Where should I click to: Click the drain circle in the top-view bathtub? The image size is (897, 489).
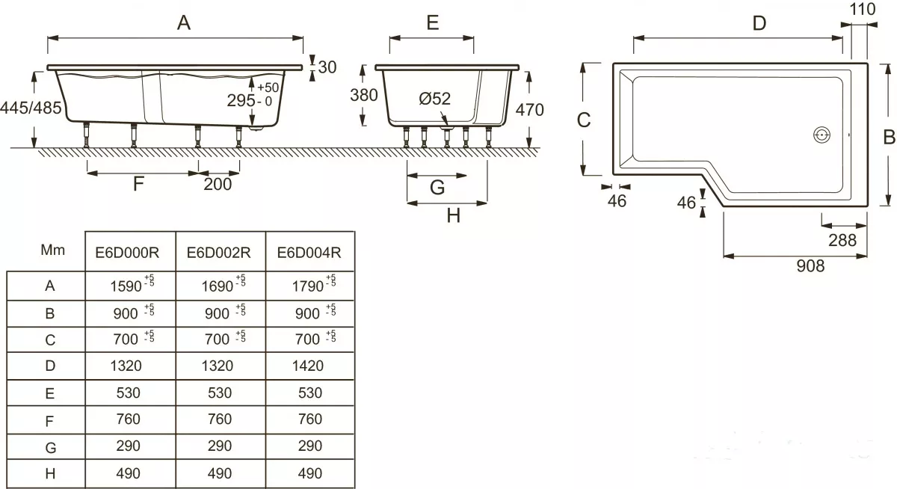tap(822, 135)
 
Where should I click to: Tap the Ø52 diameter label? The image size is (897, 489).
tap(434, 99)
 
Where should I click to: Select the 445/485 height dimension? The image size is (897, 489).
tap(31, 108)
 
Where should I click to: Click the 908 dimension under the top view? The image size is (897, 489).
tap(810, 266)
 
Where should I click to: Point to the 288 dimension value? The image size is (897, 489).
tap(842, 240)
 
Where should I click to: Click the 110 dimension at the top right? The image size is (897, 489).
tap(862, 9)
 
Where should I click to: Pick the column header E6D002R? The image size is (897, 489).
tap(218, 253)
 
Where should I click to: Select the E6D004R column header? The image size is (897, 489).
tap(309, 253)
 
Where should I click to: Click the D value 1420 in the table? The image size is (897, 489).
tap(307, 366)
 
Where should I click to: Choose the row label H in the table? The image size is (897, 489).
tap(50, 474)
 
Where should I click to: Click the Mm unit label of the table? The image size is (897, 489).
tap(52, 250)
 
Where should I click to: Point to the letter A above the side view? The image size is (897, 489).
tap(184, 22)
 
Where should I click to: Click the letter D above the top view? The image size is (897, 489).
tap(759, 23)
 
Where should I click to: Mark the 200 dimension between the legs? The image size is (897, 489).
tap(218, 184)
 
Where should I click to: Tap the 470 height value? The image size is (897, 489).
tap(529, 110)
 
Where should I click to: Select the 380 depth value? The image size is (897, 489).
tap(363, 95)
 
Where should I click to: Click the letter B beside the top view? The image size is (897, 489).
tap(889, 137)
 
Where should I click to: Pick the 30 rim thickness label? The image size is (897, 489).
tap(327, 67)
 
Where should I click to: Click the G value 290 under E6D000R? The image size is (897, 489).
tap(128, 446)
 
